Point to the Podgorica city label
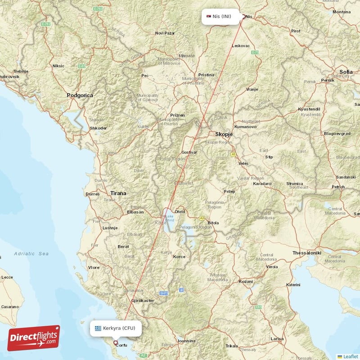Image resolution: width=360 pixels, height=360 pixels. [x=80, y=95]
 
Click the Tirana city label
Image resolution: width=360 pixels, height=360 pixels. [x=118, y=193]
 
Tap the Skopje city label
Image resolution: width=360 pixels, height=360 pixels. [x=224, y=134]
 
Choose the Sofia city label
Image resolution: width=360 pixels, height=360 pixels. [x=346, y=72]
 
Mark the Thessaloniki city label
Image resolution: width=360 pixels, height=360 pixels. [x=307, y=253]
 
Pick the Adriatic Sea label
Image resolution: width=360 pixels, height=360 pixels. [x=31, y=254]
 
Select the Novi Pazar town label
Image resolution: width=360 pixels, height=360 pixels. [x=164, y=33]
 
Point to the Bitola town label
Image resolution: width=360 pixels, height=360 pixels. [x=213, y=223]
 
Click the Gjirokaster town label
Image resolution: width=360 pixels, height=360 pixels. [x=142, y=300]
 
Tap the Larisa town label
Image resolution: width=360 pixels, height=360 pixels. [x=277, y=338]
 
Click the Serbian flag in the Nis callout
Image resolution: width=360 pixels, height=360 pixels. [x=208, y=17]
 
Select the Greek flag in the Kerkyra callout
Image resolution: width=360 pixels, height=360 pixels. [x=98, y=328]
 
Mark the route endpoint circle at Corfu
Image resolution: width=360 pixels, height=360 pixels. [x=115, y=343]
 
